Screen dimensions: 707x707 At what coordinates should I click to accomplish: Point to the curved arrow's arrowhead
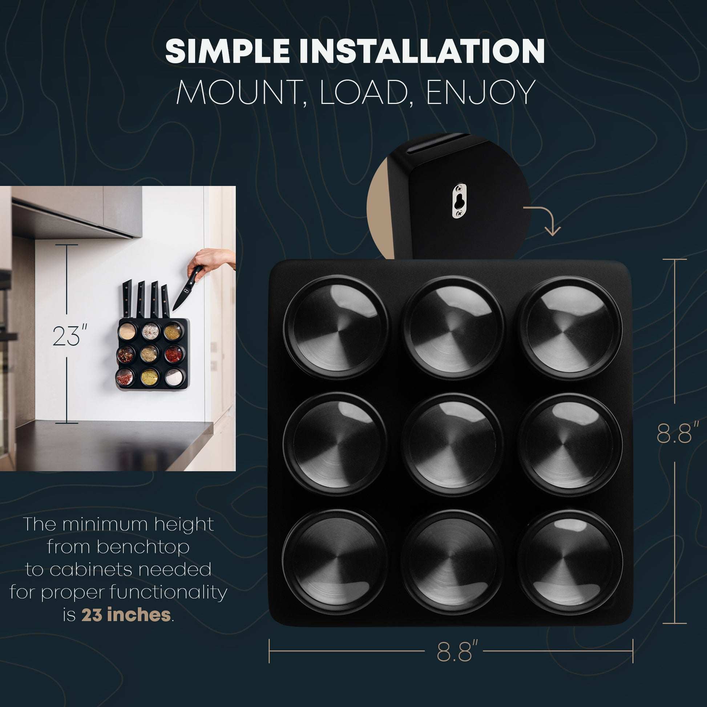click(552, 230)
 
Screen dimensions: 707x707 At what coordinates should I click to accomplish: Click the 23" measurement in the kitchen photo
click(70, 336)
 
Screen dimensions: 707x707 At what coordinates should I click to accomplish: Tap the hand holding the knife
click(210, 262)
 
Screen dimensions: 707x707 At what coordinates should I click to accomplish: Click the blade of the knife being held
click(181, 299)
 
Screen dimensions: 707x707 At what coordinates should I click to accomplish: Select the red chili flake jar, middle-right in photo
click(173, 354)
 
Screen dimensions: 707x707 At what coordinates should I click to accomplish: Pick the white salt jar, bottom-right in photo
click(173, 377)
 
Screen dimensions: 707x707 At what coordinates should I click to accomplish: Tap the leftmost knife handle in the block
click(127, 298)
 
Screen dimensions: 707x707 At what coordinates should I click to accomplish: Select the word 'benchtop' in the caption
click(143, 547)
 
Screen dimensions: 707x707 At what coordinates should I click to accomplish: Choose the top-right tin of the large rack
click(570, 327)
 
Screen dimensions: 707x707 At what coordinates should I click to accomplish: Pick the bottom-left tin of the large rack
click(335, 562)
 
